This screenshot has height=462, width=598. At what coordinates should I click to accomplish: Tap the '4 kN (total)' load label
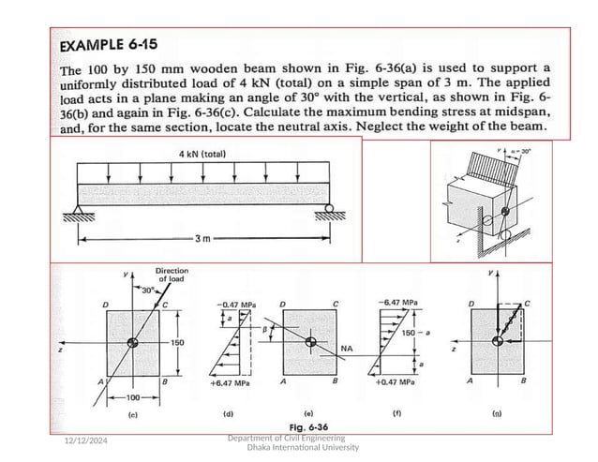202,154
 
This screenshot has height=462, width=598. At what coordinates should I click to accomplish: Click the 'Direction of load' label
171,275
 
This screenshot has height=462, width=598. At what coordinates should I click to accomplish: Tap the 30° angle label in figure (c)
146,289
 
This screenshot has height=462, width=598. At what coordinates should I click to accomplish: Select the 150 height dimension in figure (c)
177,344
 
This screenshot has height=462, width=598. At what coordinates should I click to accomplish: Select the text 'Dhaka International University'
302,448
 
